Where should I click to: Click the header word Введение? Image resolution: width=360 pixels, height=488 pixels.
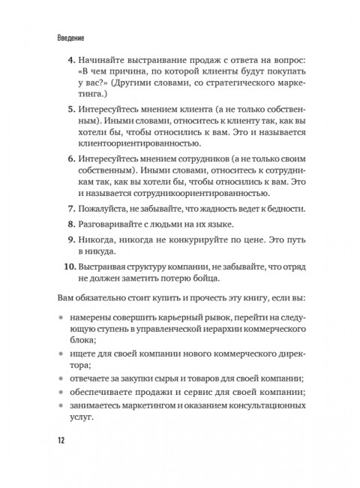[70, 37]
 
